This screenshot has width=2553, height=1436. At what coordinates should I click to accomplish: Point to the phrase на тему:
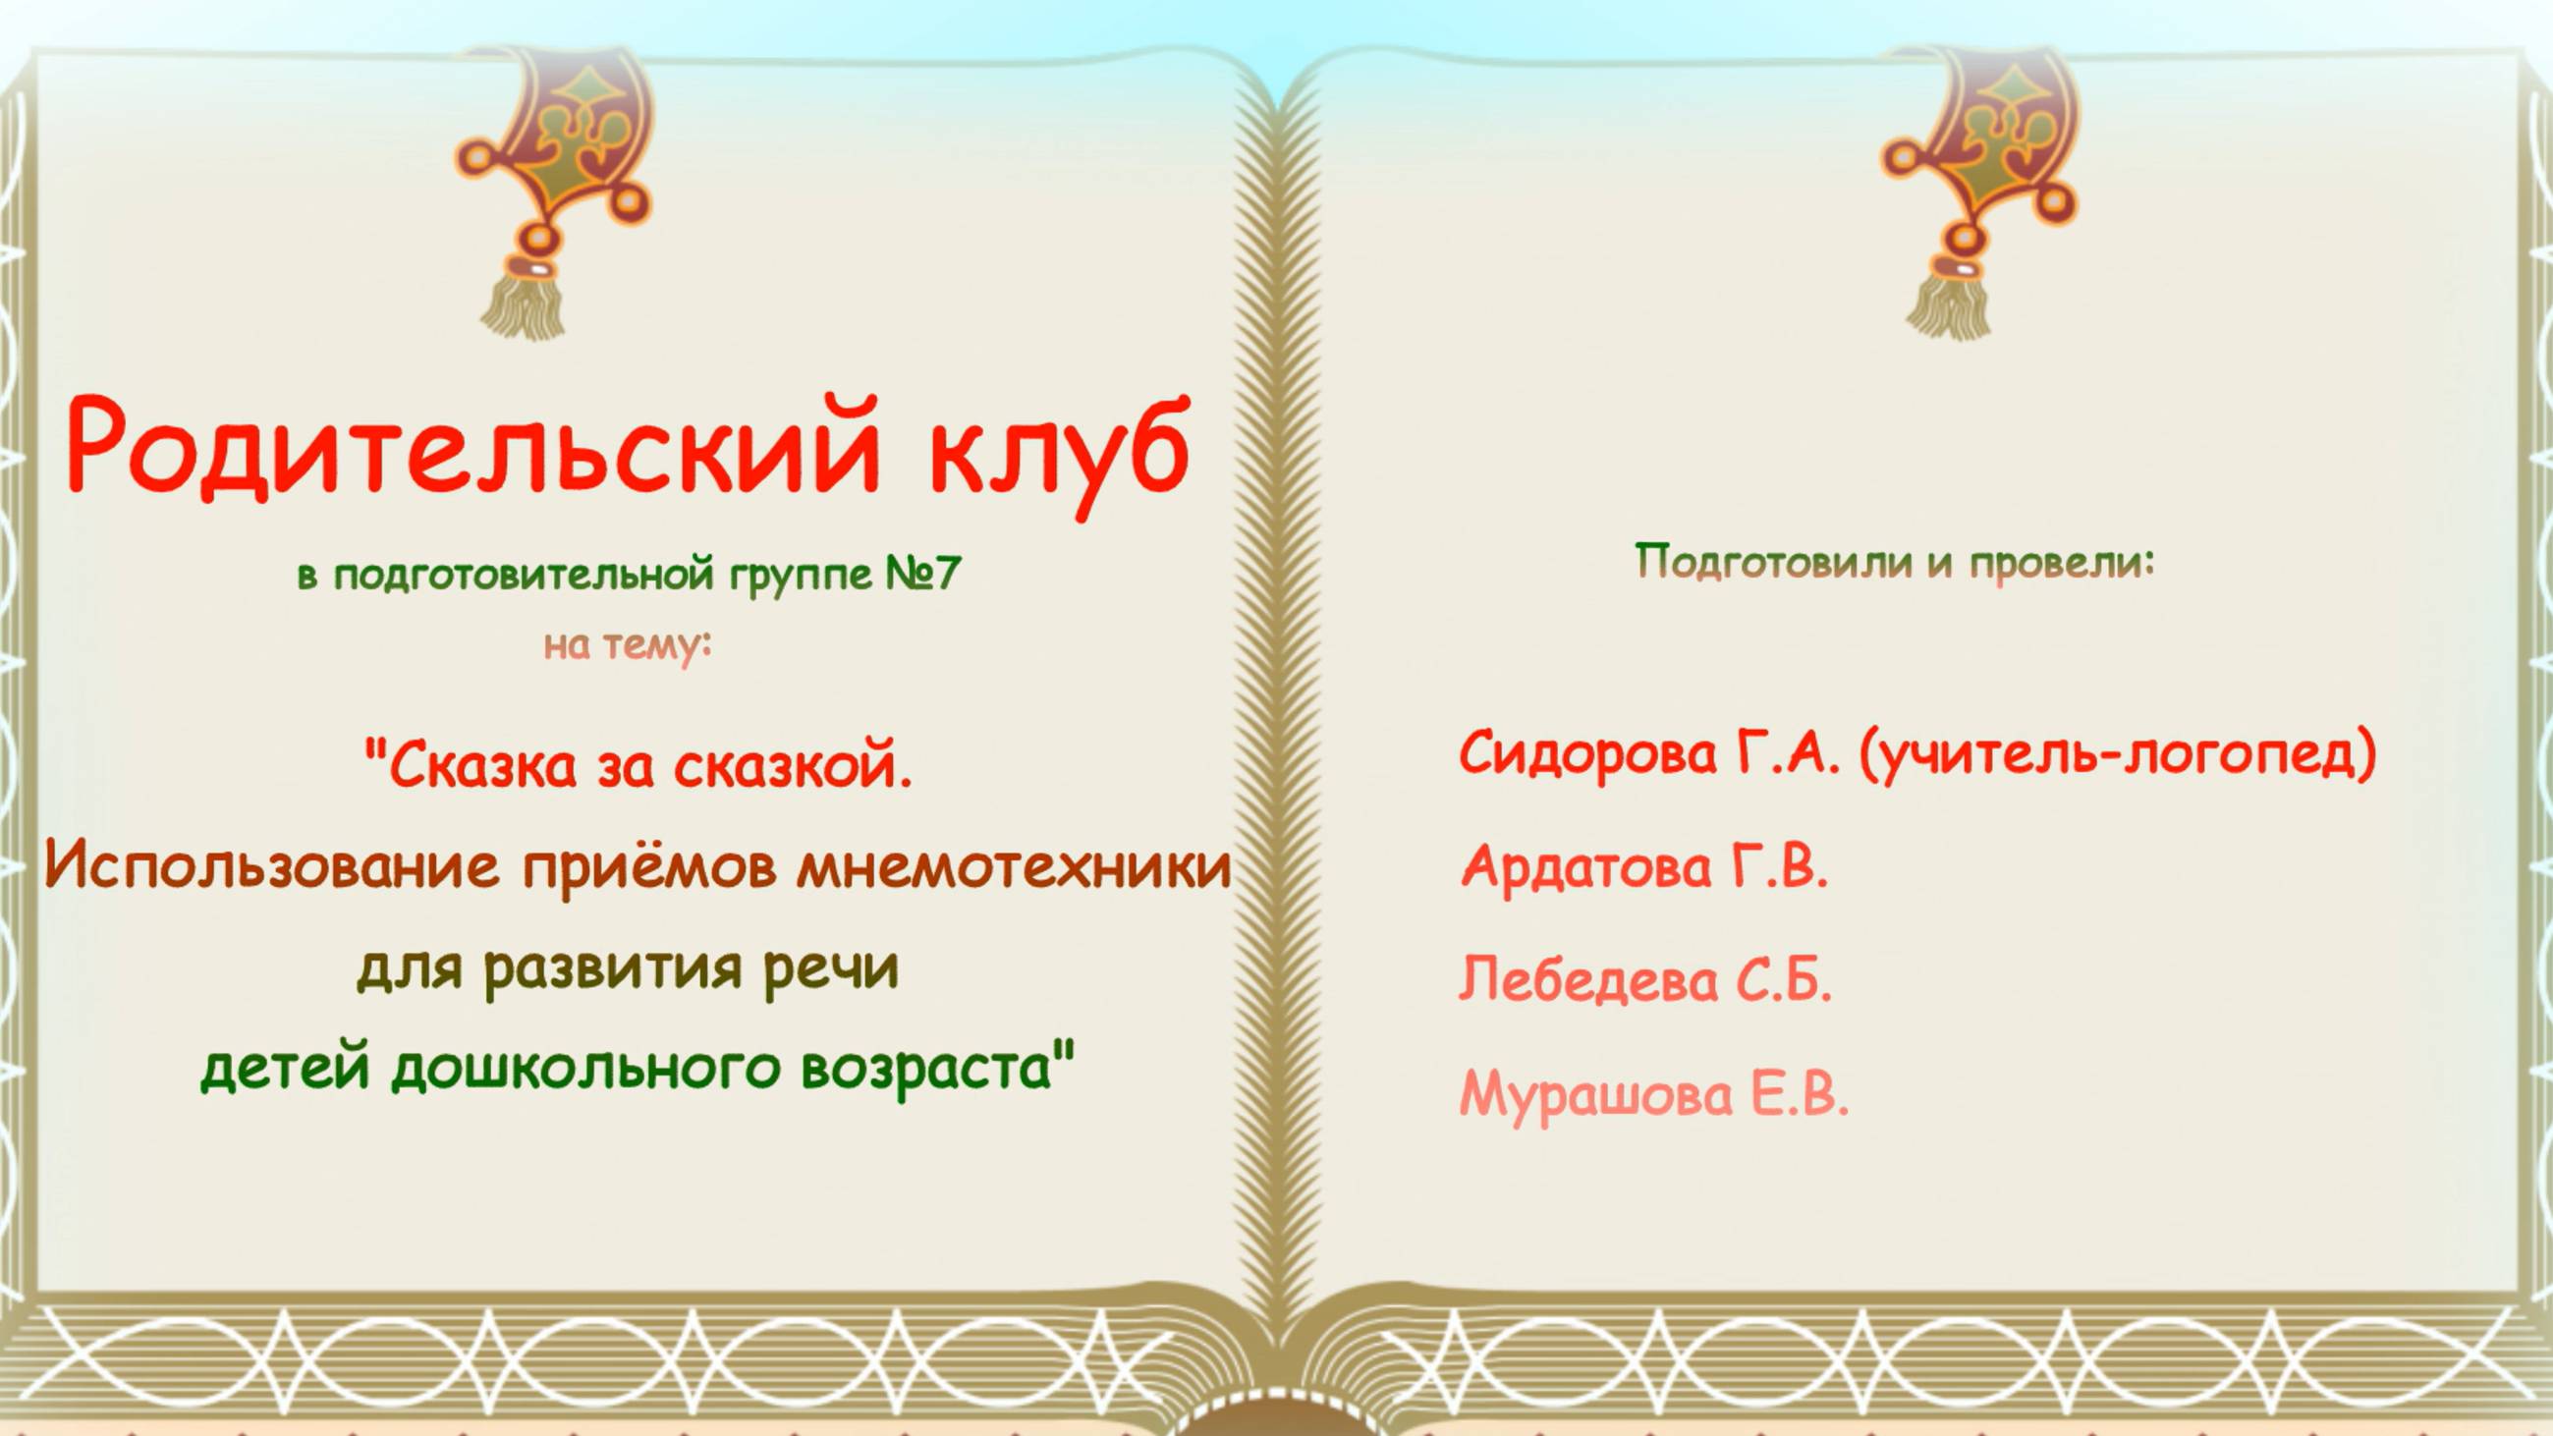628,646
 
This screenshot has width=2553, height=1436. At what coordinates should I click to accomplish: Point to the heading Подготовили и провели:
1894,563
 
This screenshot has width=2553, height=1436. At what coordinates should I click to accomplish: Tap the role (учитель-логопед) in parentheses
2117,755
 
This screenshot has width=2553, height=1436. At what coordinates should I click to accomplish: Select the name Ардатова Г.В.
1644,866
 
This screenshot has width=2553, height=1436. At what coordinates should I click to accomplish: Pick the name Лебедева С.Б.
1645,981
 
